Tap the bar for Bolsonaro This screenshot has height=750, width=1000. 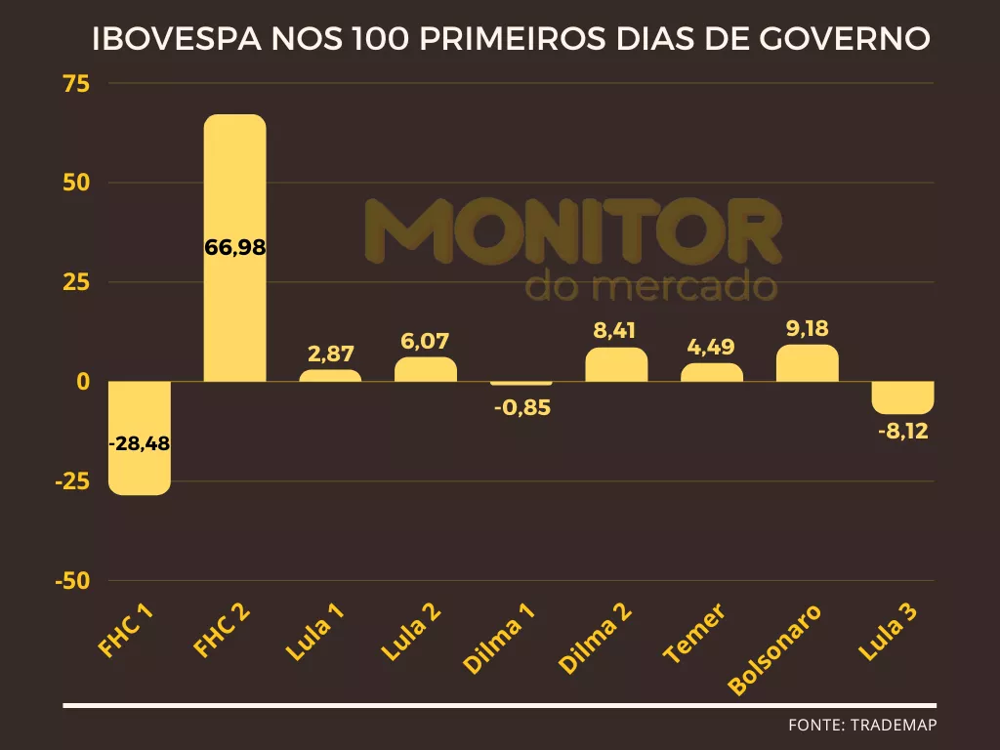tap(808, 363)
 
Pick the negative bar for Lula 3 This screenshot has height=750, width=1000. tap(902, 397)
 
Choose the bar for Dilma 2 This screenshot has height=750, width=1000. tap(616, 364)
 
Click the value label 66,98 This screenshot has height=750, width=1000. tap(235, 247)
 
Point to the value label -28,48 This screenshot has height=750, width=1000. tap(139, 443)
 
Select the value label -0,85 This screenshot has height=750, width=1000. tap(521, 408)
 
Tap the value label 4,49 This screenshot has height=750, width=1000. tap(711, 347)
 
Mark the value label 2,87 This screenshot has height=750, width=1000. tap(330, 354)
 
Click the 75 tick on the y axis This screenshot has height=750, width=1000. tap(76, 84)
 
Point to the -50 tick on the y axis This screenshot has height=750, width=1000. tap(71, 581)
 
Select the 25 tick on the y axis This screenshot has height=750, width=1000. tap(76, 282)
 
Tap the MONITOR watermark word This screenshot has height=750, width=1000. tap(573, 231)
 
